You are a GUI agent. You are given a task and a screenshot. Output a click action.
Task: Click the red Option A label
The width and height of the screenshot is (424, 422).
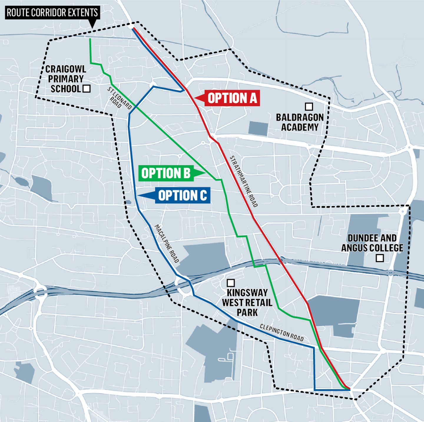232,98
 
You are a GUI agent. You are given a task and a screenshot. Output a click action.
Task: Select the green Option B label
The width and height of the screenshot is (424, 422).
166,173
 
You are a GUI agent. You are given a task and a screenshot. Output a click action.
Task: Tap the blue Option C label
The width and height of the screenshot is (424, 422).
183,196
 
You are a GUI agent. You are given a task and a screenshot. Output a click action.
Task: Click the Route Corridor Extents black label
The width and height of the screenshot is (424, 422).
52,13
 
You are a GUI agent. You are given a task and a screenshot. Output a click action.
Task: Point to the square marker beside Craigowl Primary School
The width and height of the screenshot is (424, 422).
87,89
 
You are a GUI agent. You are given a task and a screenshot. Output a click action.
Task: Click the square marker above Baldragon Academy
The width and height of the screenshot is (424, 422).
309,106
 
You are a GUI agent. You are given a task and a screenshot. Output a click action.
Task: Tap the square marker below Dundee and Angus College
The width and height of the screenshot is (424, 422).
380,258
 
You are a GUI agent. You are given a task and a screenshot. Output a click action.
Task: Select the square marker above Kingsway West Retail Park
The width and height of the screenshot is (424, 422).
231,283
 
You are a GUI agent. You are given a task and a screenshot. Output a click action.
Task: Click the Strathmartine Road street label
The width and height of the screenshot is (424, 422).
244,181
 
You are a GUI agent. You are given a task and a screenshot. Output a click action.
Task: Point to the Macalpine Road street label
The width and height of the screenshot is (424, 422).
167,243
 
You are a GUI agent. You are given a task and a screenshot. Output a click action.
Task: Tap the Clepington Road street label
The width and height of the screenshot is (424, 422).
281,333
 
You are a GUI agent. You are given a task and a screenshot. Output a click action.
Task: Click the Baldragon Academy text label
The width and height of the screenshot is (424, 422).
300,122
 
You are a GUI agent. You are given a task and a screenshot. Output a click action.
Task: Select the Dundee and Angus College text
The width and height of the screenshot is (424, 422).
372,243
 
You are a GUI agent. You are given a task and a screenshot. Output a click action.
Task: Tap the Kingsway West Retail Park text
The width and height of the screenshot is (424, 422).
247,302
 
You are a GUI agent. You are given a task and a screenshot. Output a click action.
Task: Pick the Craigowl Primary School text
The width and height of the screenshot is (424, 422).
65,79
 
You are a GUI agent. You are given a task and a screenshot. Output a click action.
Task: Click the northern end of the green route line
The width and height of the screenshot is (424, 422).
90,39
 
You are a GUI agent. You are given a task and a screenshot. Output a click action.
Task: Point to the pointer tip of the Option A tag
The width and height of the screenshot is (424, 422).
195,98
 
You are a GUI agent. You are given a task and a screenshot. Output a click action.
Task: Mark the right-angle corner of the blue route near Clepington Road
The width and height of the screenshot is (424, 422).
314,348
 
